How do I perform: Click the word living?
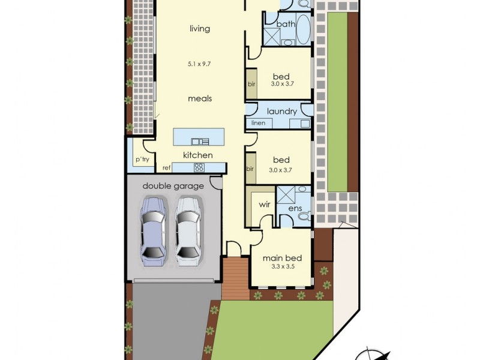coord(200,28)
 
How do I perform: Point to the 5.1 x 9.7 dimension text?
coord(200,62)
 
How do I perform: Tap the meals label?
coord(200,98)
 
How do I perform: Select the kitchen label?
coord(198,155)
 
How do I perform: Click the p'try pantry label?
coord(142,160)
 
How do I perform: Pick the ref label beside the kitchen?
coord(167,168)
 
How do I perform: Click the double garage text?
coord(173,186)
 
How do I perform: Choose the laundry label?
coord(281,112)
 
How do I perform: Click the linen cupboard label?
coord(258,123)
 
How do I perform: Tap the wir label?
coord(265,205)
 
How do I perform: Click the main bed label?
coord(282,259)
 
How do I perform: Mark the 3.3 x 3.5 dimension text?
coord(282,268)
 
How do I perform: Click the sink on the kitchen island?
coord(200,142)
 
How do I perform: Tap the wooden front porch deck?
coord(235,278)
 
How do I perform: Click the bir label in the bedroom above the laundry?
coord(251,85)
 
